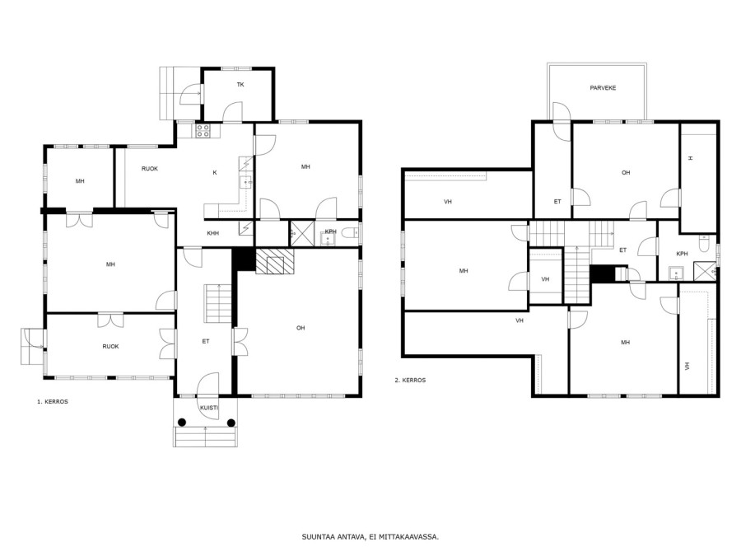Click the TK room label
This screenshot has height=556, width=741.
point(240,85)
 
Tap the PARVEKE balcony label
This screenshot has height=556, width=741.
point(603,88)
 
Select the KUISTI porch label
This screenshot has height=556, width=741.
point(209,408)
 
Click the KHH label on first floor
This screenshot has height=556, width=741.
point(213,233)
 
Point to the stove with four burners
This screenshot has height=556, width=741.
point(203,131)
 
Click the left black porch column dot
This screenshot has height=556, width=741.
point(182,423)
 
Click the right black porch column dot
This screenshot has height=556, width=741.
point(231,423)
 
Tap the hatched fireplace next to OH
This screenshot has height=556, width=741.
point(274,261)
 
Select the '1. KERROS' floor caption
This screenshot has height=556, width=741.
point(53,401)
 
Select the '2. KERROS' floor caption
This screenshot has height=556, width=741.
point(410,380)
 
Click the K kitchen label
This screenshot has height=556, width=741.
point(215,173)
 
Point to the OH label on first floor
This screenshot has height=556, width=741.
point(301,328)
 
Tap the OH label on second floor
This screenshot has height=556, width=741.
point(626,173)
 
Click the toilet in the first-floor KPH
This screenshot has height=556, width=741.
point(350,232)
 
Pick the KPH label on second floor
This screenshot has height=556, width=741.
point(682,254)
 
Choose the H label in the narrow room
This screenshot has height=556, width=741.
point(691,158)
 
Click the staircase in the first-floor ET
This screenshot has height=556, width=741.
point(218,303)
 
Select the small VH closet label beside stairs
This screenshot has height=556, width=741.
point(545,279)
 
